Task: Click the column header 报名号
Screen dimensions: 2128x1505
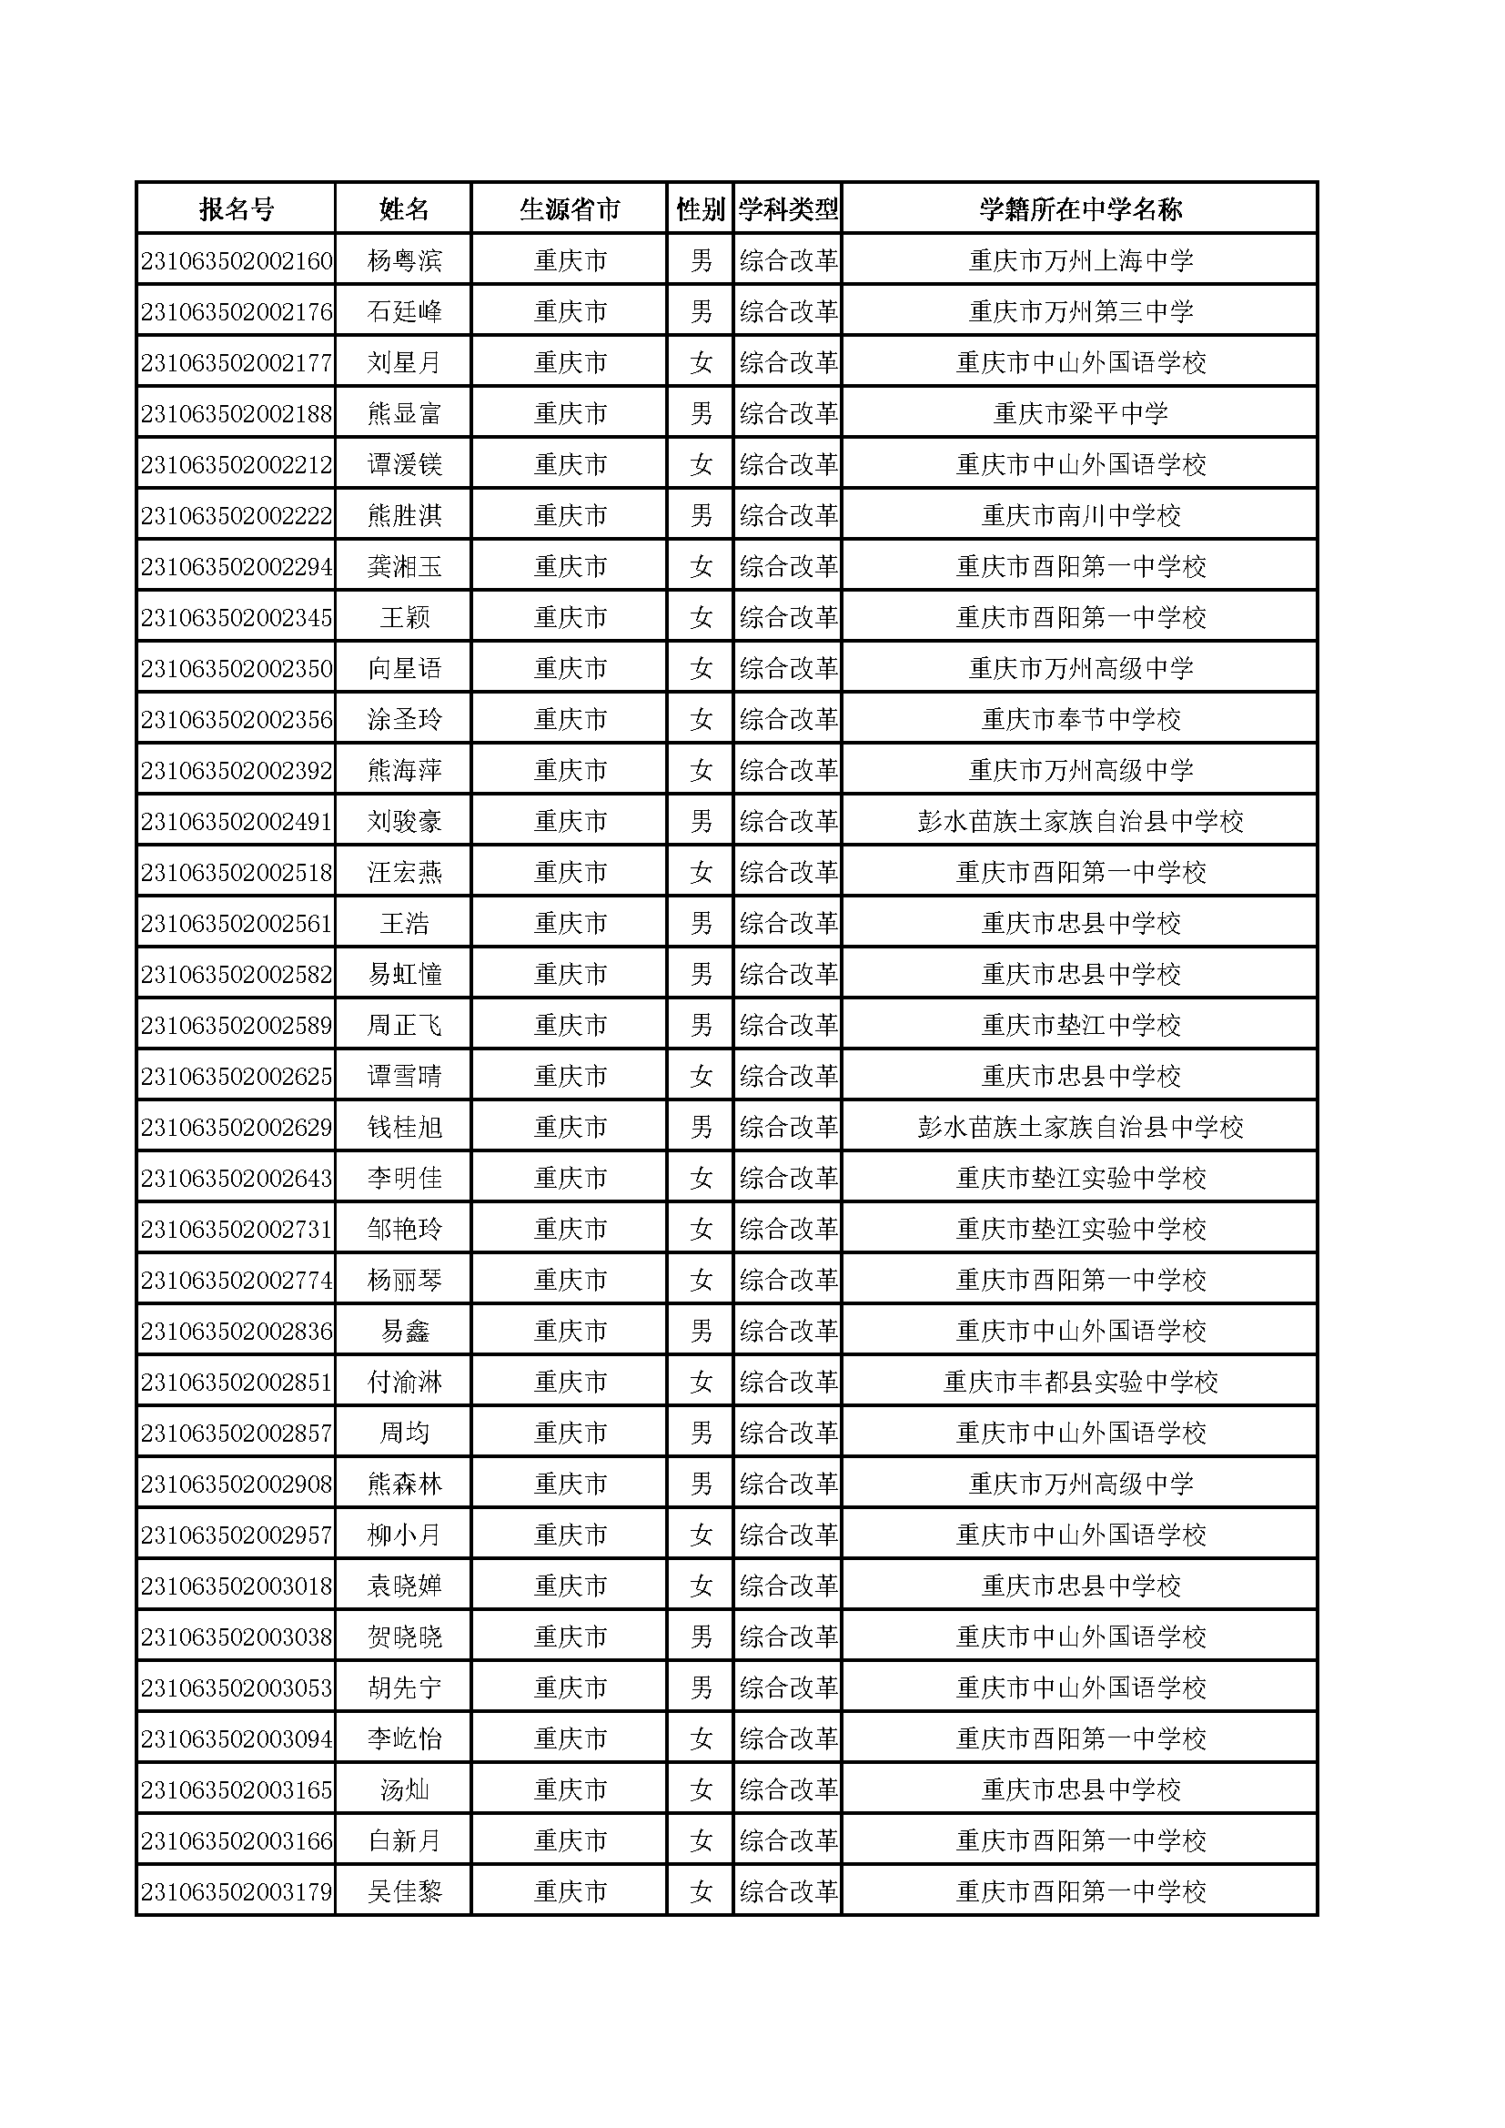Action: click(237, 209)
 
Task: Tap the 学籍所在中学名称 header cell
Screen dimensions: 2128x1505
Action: click(1081, 209)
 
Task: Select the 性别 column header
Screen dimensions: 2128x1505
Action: click(701, 209)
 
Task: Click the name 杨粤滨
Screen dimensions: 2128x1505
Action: click(404, 260)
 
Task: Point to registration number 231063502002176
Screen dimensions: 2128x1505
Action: click(237, 311)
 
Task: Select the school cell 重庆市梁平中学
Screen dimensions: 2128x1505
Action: click(1081, 413)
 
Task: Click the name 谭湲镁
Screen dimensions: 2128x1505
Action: click(404, 464)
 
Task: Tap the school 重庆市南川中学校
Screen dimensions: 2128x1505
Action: click(1081, 515)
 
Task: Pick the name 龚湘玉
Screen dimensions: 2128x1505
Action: click(404, 566)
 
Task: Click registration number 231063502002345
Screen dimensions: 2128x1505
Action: click(237, 617)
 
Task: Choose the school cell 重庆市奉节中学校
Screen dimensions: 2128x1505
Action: click(1081, 719)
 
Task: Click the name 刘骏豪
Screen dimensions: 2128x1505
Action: click(404, 821)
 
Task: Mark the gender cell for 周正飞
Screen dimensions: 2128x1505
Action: click(701, 1025)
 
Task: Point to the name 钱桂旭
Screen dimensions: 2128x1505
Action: click(404, 1127)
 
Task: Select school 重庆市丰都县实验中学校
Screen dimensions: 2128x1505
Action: click(1081, 1382)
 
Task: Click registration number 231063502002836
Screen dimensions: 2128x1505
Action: click(237, 1331)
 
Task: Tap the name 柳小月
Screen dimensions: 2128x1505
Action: click(404, 1535)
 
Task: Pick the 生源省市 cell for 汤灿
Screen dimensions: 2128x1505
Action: click(570, 1789)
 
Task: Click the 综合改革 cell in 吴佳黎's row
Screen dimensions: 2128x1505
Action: click(789, 1891)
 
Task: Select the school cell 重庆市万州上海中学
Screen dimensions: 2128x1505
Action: click(1081, 260)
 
